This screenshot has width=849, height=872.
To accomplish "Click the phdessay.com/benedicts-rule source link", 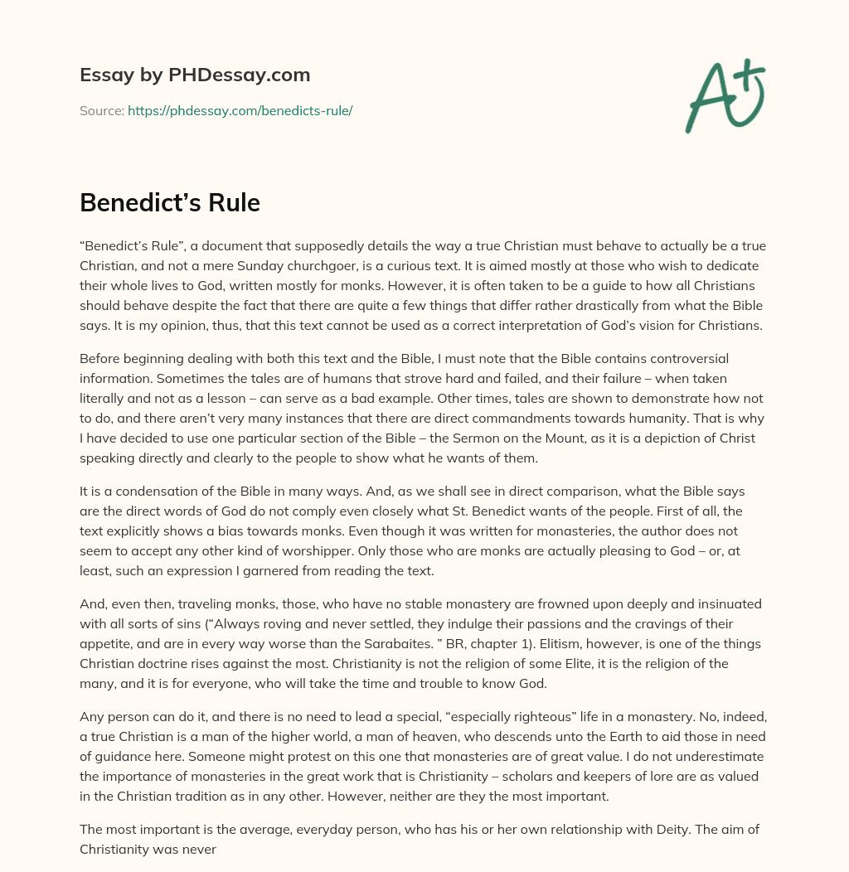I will (240, 110).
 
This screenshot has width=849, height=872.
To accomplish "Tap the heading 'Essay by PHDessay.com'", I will (195, 75).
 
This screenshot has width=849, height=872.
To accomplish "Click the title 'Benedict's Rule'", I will (170, 202).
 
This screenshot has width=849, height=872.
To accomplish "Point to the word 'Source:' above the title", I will (101, 110).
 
